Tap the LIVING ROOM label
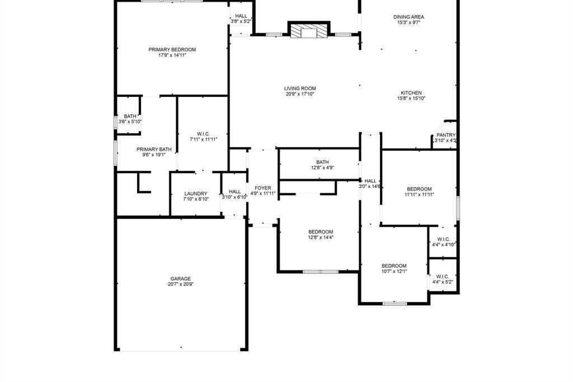pos(300,88)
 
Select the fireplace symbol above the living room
pos(308,31)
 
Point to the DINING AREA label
pos(408,17)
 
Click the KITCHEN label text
pos(411,93)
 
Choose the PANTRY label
pos(446,135)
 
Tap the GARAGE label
pos(181,278)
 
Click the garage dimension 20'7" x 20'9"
pos(181,285)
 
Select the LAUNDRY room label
pos(196,194)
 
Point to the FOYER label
pos(263,188)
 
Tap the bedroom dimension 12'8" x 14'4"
pos(321,237)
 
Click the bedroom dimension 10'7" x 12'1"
pos(394,272)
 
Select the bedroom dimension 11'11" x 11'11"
pos(419,195)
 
